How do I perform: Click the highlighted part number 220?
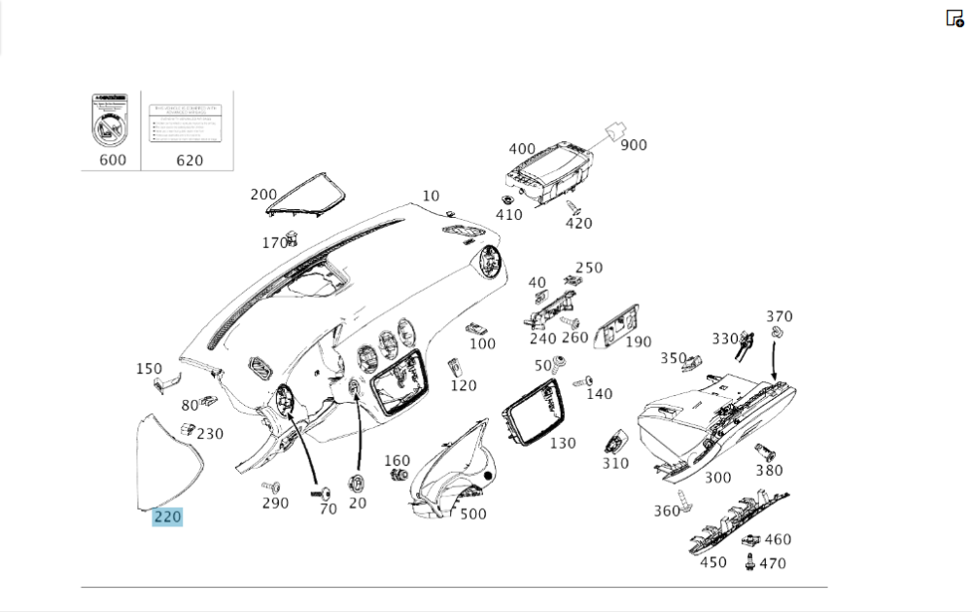pyautogui.click(x=167, y=517)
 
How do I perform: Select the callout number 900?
pyautogui.click(x=634, y=145)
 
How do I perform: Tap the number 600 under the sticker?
pyautogui.click(x=113, y=160)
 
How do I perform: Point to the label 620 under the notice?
pyautogui.click(x=190, y=160)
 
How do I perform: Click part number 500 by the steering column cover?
pyautogui.click(x=473, y=514)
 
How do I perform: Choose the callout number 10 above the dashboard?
pyautogui.click(x=431, y=196)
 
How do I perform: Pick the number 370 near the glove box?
pyautogui.click(x=780, y=316)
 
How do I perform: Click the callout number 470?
pyautogui.click(x=773, y=562)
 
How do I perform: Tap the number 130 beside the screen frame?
pyautogui.click(x=562, y=443)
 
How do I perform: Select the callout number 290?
pyautogui.click(x=275, y=503)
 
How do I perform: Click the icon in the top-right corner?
pyautogui.click(x=955, y=18)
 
